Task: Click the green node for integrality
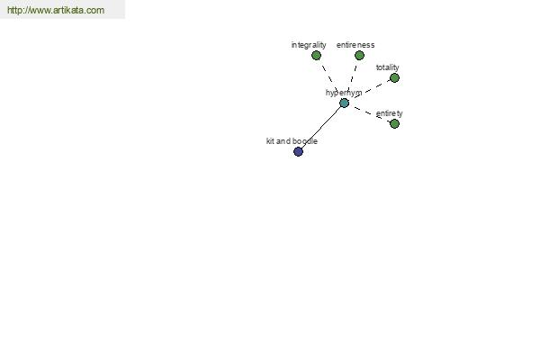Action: coord(316,56)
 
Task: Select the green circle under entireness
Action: coord(359,56)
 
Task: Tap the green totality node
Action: coord(394,78)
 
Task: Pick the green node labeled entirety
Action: coord(394,123)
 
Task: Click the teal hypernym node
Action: coord(344,103)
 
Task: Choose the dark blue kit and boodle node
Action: coord(298,151)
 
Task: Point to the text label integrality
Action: coord(309,45)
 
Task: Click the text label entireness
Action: coord(355,45)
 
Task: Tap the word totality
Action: coord(387,67)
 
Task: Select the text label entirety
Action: coord(389,113)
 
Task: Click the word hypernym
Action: coord(344,93)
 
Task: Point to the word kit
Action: coord(270,141)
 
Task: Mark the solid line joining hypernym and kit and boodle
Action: coord(321,128)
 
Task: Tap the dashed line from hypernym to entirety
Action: coord(369,113)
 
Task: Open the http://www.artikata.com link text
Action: coord(56,10)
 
